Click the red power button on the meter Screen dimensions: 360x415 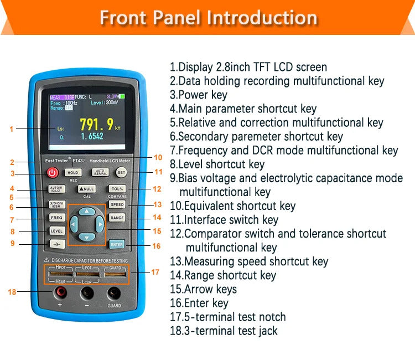tap(53, 173)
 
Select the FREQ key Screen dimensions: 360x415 tap(57, 218)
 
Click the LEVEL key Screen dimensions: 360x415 tap(57, 231)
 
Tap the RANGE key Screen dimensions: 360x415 tap(117, 218)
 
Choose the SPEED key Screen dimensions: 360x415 tap(117, 204)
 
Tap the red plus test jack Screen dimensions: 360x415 tap(60, 292)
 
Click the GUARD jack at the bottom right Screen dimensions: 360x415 tap(114, 293)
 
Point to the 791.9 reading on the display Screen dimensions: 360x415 tap(97, 124)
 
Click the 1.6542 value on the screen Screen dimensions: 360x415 tap(92, 136)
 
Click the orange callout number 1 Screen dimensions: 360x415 tap(11, 129)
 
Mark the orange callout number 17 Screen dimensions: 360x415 tap(155, 272)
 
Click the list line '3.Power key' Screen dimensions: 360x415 tap(199, 95)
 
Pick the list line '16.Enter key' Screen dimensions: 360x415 tap(199, 303)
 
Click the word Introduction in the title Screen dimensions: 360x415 tap(262, 17)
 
